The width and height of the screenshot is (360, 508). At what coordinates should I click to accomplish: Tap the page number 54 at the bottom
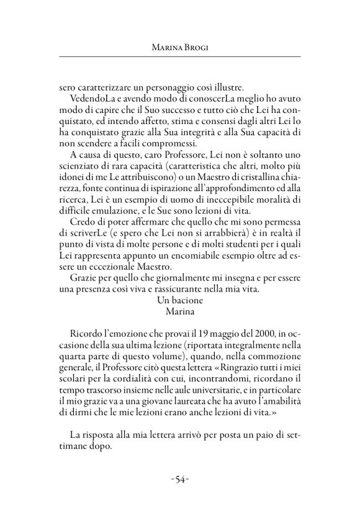click(x=180, y=479)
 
